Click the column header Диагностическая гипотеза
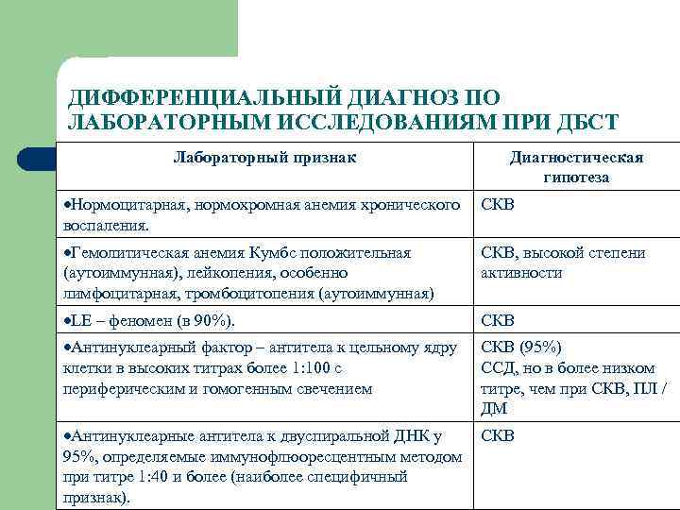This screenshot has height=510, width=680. click(x=576, y=167)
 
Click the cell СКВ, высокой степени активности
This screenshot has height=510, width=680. click(x=563, y=263)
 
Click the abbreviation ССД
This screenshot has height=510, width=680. click(x=500, y=367)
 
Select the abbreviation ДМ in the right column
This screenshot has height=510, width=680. click(x=495, y=409)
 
